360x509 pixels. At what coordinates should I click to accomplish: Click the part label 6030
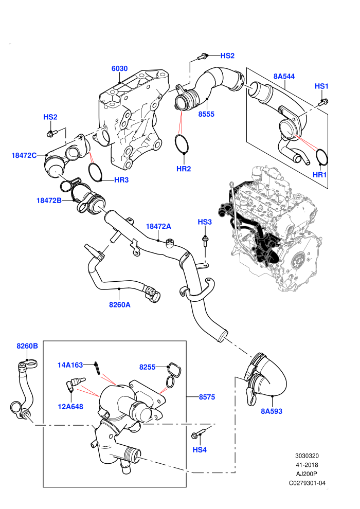pyautogui.click(x=119, y=68)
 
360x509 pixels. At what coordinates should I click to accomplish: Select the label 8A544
pyautogui.click(x=284, y=76)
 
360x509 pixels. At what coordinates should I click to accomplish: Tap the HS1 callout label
pyautogui.click(x=322, y=86)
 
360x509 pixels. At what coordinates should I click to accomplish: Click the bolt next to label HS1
pyautogui.click(x=323, y=102)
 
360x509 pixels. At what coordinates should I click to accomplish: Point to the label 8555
pyautogui.click(x=206, y=114)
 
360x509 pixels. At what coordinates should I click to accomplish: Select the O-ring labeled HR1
pyautogui.click(x=322, y=157)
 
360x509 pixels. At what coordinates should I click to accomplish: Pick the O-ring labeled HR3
pyautogui.click(x=96, y=172)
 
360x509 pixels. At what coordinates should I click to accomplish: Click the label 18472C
pyautogui.click(x=24, y=155)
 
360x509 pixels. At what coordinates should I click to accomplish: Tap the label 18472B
pyautogui.click(x=49, y=201)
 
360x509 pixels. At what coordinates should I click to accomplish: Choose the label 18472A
pyautogui.click(x=158, y=226)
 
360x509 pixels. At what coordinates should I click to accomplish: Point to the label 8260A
pyautogui.click(x=120, y=304)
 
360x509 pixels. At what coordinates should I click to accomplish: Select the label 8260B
pyautogui.click(x=27, y=346)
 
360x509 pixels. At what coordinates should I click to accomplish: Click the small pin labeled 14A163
pyautogui.click(x=97, y=368)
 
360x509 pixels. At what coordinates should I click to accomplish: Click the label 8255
pyautogui.click(x=148, y=367)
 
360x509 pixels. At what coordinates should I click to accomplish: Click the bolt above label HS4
pyautogui.click(x=199, y=434)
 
